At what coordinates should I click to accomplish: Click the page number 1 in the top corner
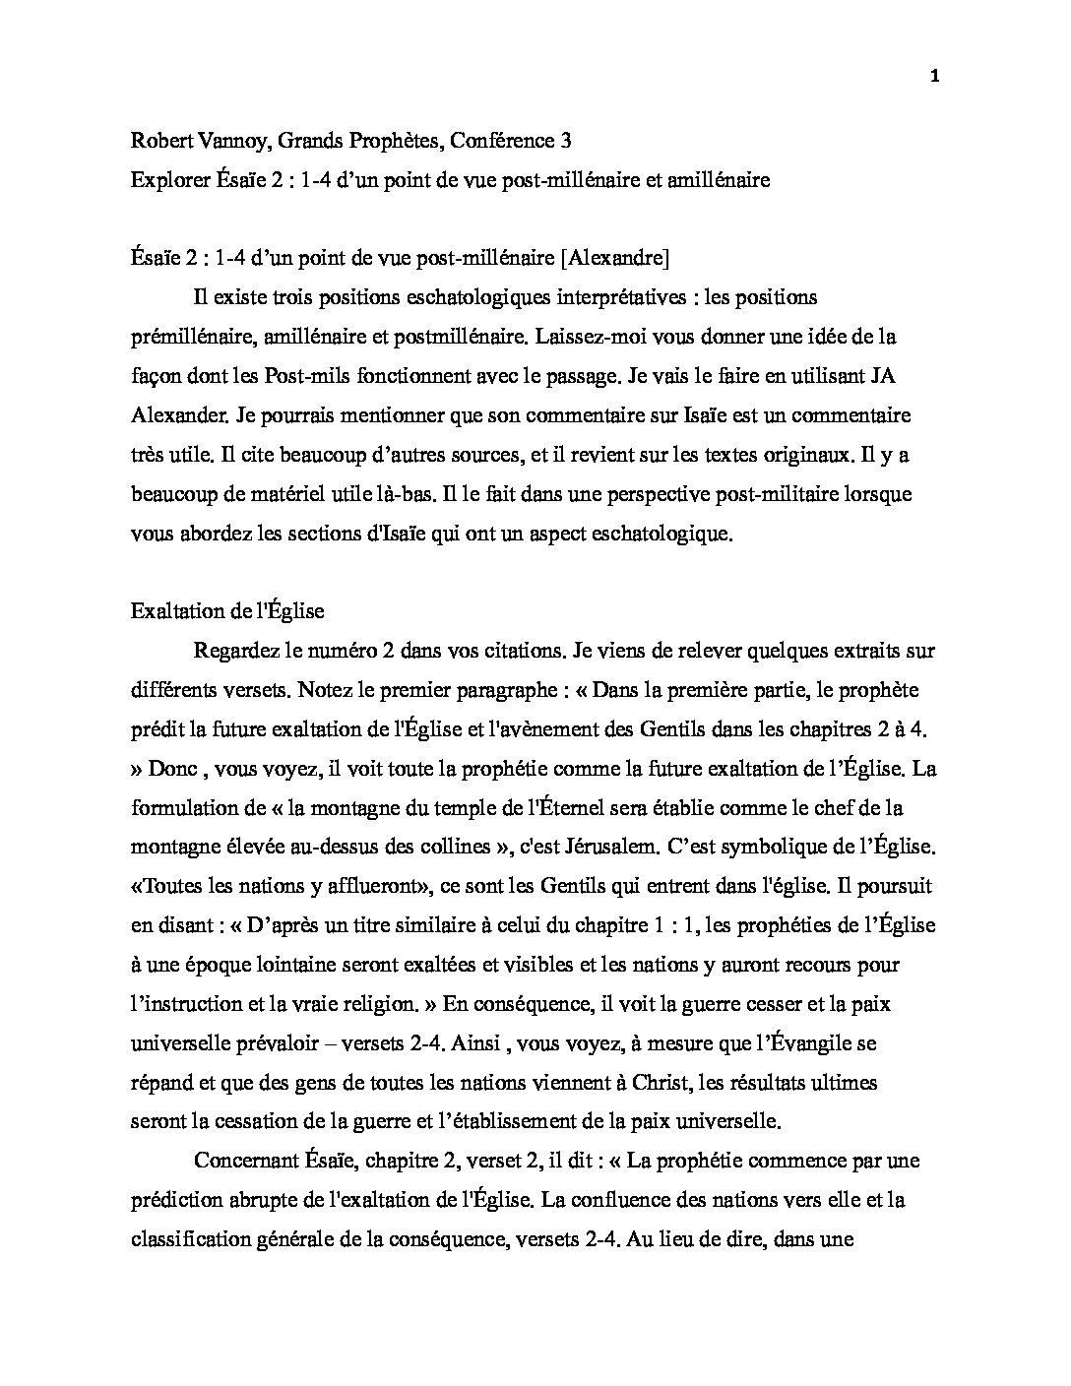click(934, 79)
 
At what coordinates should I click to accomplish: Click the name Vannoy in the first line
click(231, 141)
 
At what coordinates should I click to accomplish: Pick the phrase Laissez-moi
click(588, 337)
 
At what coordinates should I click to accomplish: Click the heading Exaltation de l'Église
click(227, 611)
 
